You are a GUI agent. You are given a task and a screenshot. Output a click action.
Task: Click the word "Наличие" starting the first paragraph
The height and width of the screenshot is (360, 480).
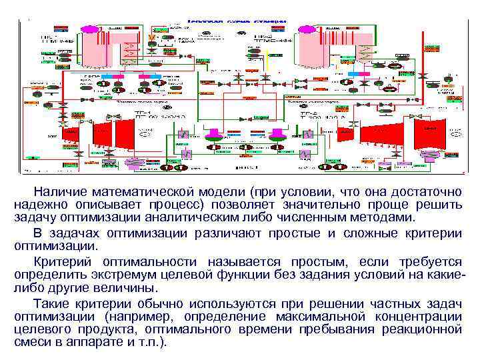tap(59, 192)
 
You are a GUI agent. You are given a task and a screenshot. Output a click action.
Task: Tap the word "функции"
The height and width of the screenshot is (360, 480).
tap(232, 275)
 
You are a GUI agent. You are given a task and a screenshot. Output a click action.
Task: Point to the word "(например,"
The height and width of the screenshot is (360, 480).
tap(127, 316)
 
